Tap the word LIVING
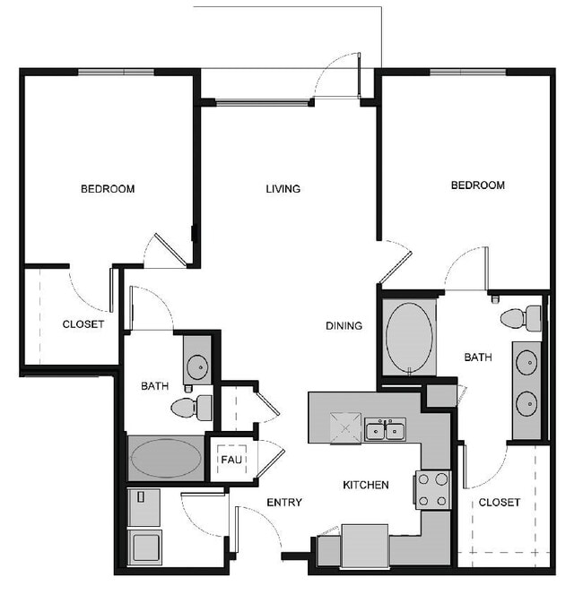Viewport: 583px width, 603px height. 283,189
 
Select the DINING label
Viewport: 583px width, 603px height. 344,326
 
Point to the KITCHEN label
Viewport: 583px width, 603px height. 366,486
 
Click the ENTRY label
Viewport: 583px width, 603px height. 284,503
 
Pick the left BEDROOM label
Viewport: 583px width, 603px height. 108,189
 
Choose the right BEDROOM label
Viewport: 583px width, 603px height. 477,185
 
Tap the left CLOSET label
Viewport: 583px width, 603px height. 83,324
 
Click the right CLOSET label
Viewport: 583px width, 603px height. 500,503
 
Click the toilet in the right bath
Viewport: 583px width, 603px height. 521,318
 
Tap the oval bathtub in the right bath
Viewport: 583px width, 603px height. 409,339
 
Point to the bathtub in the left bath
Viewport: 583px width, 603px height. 166,459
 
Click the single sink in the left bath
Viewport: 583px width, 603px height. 196,366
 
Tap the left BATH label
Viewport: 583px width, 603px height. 155,387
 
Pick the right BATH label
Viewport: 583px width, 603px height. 478,357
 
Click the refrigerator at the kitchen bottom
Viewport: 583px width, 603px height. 364,545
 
